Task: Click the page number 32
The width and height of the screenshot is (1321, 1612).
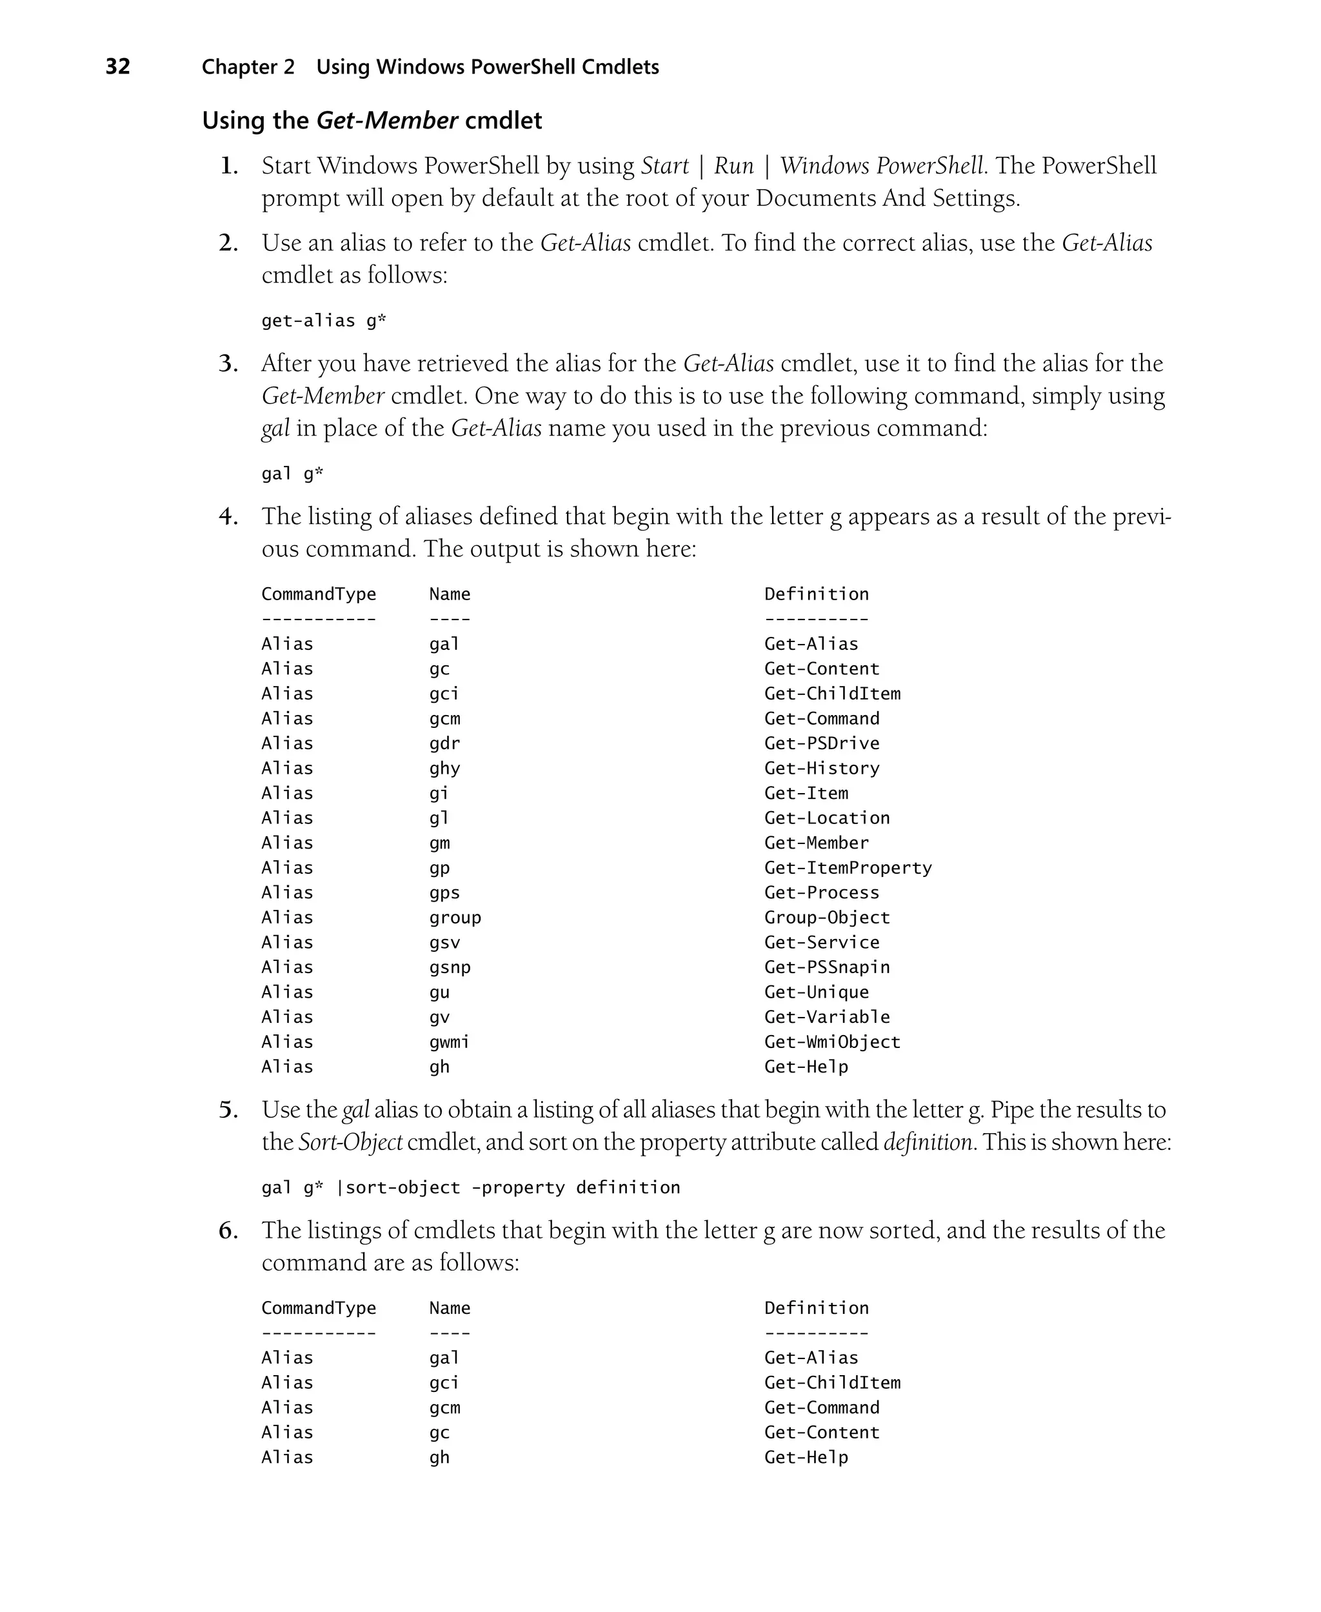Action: click(x=118, y=67)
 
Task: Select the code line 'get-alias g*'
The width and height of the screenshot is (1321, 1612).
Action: click(x=323, y=321)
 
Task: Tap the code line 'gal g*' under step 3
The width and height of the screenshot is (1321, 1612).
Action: click(x=292, y=474)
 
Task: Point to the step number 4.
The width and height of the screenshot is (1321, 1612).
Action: click(x=228, y=517)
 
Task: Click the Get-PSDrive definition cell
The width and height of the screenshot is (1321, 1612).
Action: click(x=821, y=743)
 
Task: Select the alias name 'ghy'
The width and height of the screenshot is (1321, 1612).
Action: click(x=444, y=768)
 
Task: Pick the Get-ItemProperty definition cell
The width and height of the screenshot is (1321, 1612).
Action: click(x=848, y=868)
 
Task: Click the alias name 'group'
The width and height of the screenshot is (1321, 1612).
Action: click(x=455, y=917)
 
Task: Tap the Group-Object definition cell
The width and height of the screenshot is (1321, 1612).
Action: click(x=826, y=917)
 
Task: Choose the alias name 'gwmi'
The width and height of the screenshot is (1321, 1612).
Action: click(x=449, y=1042)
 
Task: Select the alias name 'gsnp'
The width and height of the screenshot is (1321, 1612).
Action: click(x=450, y=967)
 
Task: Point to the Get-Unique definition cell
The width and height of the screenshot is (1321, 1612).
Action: click(x=816, y=992)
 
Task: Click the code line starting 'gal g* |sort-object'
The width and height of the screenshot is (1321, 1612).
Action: click(x=470, y=1187)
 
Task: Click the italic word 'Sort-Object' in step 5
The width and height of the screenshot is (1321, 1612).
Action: click(x=350, y=1142)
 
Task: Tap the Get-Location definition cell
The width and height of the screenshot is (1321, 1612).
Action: click(x=826, y=818)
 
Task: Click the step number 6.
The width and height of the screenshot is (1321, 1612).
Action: click(x=228, y=1231)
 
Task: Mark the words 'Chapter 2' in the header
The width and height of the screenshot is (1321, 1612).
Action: click(x=248, y=67)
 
